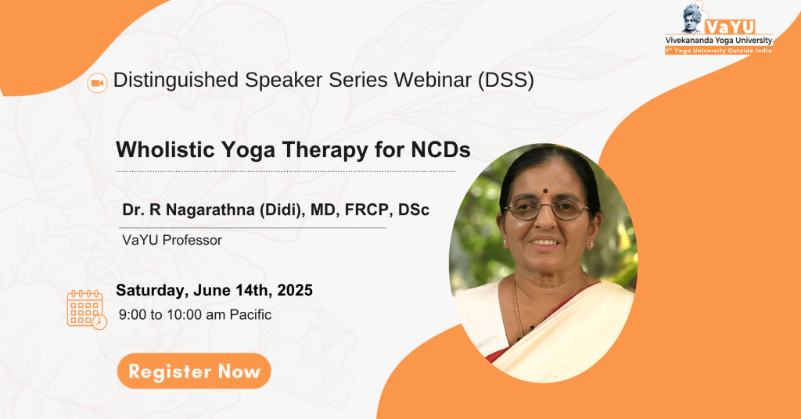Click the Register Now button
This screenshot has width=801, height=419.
[x=194, y=371]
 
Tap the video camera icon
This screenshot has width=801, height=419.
[x=97, y=83]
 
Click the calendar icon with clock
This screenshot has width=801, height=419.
[x=87, y=310]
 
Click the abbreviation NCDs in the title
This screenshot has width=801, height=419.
[x=441, y=150]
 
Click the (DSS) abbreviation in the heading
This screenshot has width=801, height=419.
[x=506, y=81]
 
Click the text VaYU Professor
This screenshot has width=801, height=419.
[x=172, y=240]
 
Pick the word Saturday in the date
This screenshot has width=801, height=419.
[x=150, y=290]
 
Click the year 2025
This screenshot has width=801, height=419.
[x=295, y=290]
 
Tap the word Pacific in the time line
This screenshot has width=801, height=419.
[x=250, y=314]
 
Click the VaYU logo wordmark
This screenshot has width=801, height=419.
[x=730, y=27]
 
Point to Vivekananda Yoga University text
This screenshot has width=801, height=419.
[x=719, y=41]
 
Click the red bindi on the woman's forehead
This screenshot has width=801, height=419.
[x=545, y=191]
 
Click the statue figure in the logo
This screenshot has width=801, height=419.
[x=694, y=19]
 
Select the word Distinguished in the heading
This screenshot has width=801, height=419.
[x=176, y=81]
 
